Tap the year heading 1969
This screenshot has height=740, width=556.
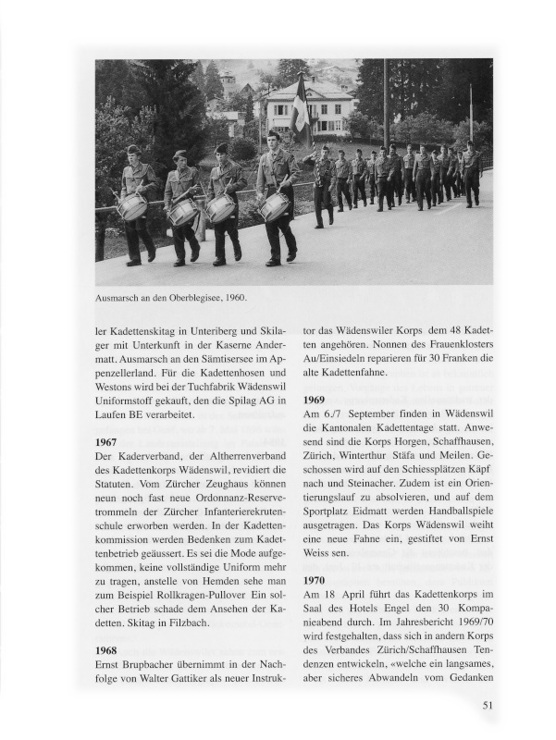[318, 401]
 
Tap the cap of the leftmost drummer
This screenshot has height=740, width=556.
[134, 149]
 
